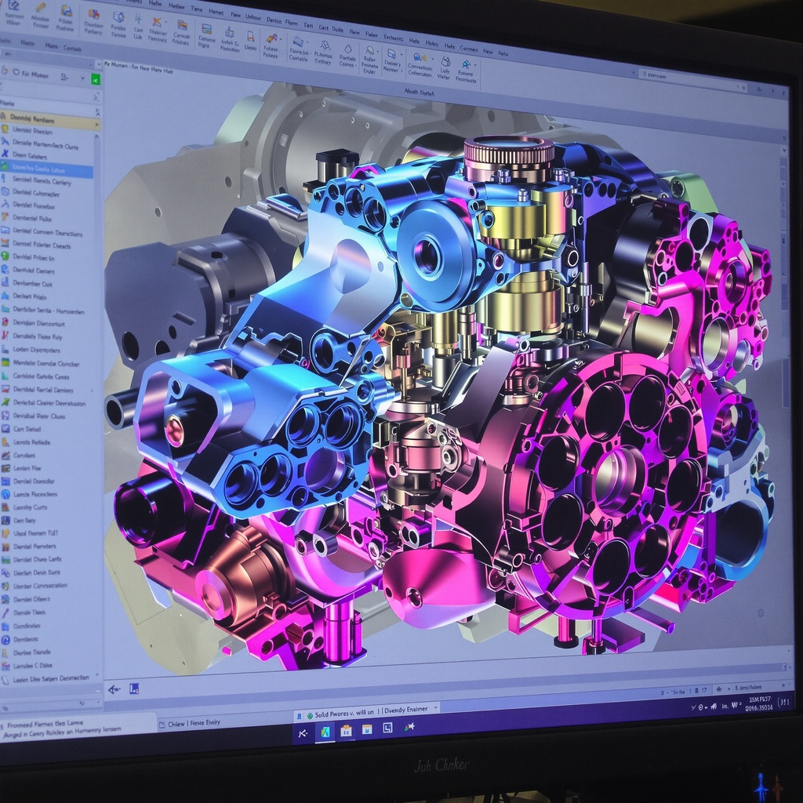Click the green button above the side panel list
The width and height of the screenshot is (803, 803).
[x=95, y=78]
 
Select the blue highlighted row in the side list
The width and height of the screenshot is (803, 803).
[x=47, y=169]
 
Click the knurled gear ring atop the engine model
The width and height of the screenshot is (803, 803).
[x=508, y=151]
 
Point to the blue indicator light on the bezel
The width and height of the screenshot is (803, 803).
[x=759, y=784]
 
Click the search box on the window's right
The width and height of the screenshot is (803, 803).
[x=706, y=74]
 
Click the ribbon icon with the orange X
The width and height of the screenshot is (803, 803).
[x=157, y=23]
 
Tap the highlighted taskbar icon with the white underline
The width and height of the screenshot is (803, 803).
[x=324, y=732]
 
